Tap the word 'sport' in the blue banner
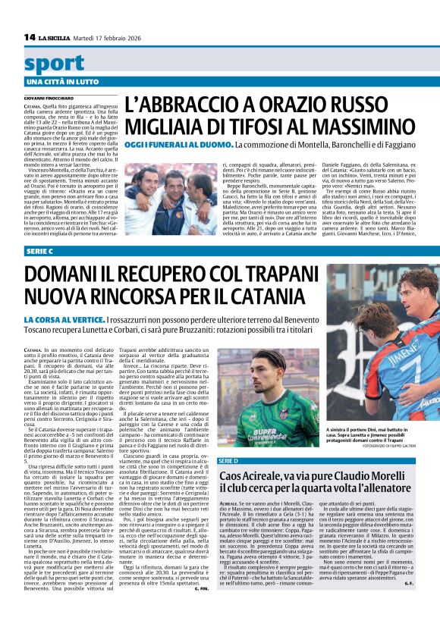coord(54,64)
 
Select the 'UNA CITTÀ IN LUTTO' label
coord(62,81)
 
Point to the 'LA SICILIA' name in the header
coord(55,37)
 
